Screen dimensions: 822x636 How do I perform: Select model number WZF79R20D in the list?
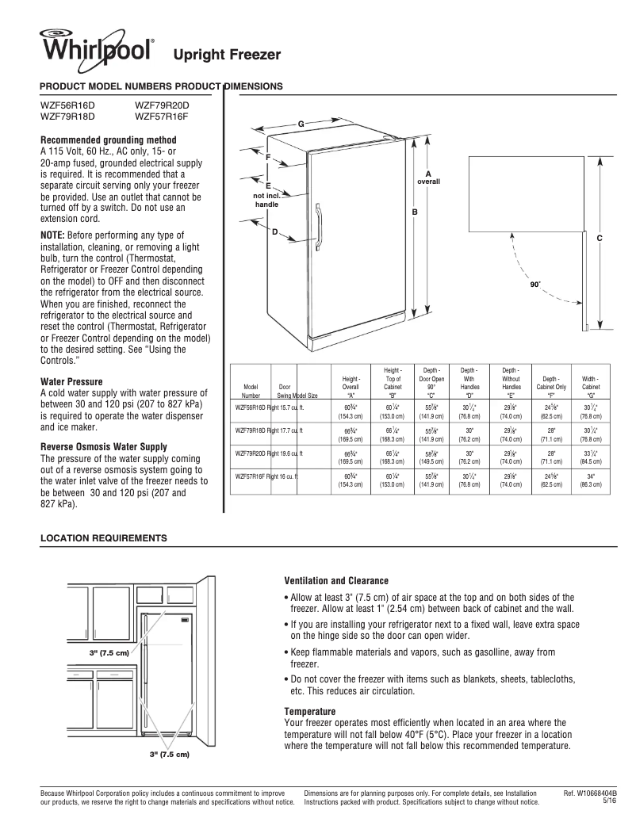pyautogui.click(x=162, y=105)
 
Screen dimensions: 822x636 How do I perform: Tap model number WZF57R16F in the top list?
pyautogui.click(x=162, y=115)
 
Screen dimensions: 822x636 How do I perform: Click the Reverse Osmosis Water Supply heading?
pyautogui.click(x=103, y=446)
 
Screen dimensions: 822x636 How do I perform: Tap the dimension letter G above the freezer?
pyautogui.click(x=301, y=124)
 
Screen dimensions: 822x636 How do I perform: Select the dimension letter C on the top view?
pyautogui.click(x=600, y=239)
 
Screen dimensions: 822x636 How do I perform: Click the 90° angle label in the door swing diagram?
pyautogui.click(x=534, y=283)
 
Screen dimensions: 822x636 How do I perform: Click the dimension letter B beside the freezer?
pyautogui.click(x=414, y=212)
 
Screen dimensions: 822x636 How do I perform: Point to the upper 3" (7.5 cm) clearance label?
pyautogui.click(x=109, y=652)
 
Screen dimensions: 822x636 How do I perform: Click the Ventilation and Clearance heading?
pyautogui.click(x=336, y=581)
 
